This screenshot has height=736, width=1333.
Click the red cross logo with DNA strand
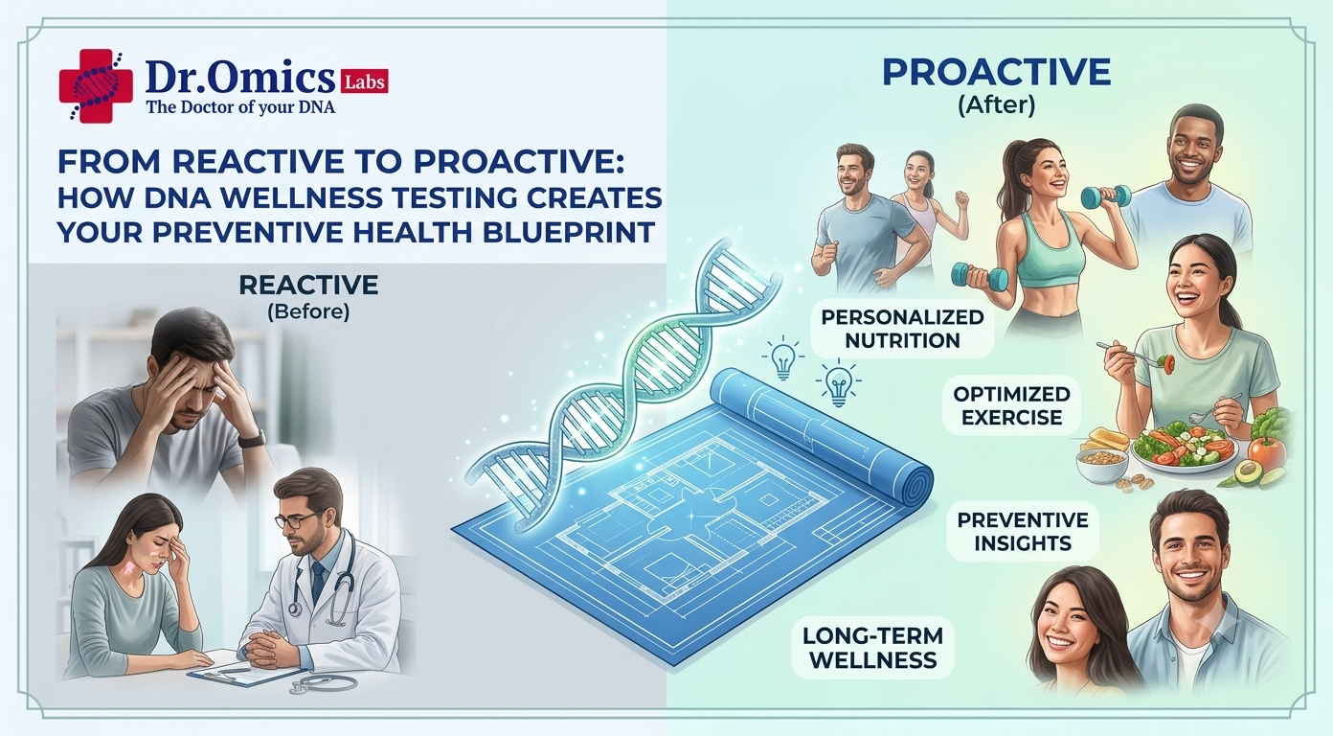tap(95, 85)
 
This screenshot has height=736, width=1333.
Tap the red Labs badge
tap(364, 81)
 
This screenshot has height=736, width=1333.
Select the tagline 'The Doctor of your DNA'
tap(240, 107)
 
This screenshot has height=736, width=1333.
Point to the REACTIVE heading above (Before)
tap(308, 286)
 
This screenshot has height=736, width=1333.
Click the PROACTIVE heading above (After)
tap(996, 72)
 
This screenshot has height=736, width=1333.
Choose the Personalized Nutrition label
tap(902, 329)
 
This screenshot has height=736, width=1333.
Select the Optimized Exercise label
tap(1011, 405)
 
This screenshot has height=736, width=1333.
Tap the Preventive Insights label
tap(1023, 531)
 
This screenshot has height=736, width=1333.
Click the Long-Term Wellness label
tap(872, 647)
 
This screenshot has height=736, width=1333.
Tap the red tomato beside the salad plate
tap(1266, 452)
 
